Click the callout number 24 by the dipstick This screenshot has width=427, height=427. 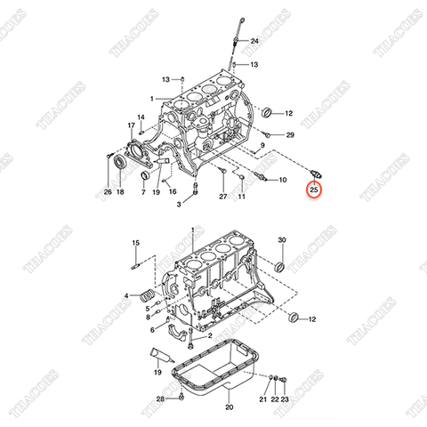[254, 42]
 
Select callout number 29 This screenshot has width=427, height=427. [289, 134]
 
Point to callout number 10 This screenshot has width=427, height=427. [282, 181]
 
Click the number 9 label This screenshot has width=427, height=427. [263, 145]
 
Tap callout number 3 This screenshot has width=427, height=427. [179, 205]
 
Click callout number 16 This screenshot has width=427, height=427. [173, 191]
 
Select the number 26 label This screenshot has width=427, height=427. [108, 191]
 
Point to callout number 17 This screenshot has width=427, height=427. [132, 125]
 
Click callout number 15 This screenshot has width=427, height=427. [136, 242]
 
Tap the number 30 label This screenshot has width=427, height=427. [282, 241]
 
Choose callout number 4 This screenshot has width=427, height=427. [126, 295]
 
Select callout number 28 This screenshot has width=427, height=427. [159, 399]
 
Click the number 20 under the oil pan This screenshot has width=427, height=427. [229, 407]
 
